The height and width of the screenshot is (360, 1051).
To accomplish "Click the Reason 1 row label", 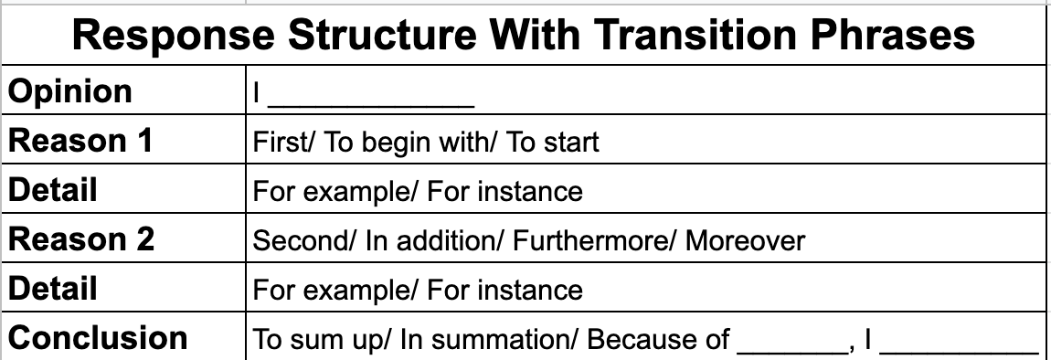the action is [x=80, y=140].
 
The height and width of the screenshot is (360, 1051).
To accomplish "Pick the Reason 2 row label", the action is [x=80, y=239].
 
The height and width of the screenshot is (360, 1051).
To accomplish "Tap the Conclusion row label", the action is [x=97, y=338].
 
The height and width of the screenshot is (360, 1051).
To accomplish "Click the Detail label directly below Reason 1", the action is [x=52, y=190].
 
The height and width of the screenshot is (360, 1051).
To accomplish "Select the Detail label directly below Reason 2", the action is [x=52, y=289].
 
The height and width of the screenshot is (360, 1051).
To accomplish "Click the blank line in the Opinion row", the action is [x=371, y=107].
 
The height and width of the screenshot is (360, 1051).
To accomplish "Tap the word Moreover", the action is [x=745, y=240].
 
